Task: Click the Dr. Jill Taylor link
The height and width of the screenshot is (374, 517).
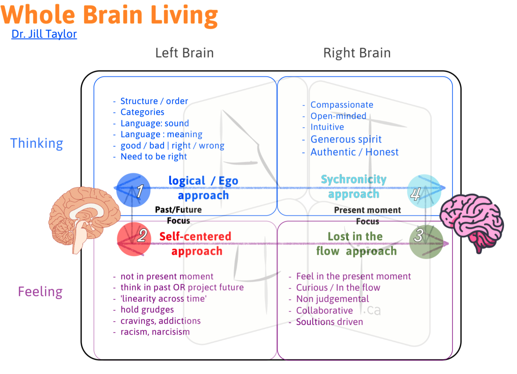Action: coord(44,34)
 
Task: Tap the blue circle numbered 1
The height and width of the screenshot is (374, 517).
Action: coord(133,190)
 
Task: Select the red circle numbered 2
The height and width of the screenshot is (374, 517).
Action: coord(134,239)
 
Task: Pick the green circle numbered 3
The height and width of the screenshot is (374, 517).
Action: coord(425,242)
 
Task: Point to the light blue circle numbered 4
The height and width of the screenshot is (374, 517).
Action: coord(424,191)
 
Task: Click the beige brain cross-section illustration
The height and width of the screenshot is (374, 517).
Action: coord(84,217)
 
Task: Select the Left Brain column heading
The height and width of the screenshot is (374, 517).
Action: coord(184,53)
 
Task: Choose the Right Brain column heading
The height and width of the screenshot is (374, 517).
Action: coord(357,53)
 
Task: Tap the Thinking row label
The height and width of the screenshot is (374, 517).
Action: coord(37,143)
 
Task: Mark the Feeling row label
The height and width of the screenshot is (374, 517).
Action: coord(40,292)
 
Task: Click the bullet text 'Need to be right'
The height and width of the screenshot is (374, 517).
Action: coord(154,157)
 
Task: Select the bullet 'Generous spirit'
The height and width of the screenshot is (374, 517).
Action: coord(346,139)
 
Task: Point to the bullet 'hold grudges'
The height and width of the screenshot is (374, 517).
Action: coord(147,310)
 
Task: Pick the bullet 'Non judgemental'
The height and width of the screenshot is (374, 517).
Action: coord(332,299)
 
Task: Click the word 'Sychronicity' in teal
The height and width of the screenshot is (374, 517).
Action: coord(353,179)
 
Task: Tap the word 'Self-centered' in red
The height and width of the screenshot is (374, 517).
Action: coord(195,236)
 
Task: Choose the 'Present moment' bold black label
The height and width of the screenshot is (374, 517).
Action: coord(367,210)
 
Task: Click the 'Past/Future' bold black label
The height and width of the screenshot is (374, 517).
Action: coord(178,210)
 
